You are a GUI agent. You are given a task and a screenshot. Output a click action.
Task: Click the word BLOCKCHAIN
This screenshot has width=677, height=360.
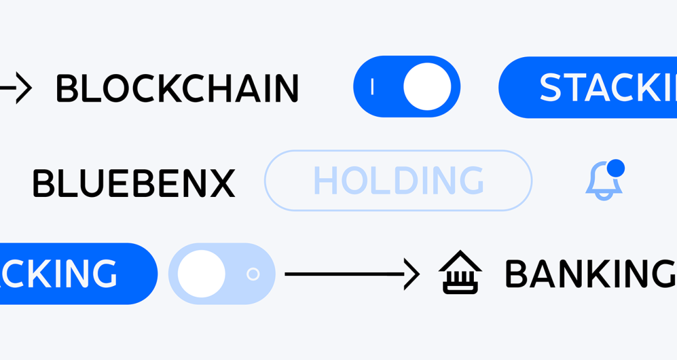[x=177, y=88]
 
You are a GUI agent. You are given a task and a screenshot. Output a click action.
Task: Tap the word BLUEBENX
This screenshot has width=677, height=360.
[x=134, y=184]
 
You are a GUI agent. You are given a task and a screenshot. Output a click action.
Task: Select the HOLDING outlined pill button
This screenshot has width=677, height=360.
[x=398, y=181]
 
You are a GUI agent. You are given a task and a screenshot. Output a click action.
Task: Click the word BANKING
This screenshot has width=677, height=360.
[x=589, y=275]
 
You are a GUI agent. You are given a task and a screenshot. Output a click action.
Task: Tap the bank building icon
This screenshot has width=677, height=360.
[x=460, y=273]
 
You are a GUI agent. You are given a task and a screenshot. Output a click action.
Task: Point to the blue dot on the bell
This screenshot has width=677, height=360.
[x=616, y=168]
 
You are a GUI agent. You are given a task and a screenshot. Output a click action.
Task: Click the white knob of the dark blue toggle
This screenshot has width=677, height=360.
[x=427, y=87]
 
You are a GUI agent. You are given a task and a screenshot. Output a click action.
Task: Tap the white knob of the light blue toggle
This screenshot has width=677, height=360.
[x=201, y=274]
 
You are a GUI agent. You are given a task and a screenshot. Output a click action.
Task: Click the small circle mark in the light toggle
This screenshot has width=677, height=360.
[x=253, y=274]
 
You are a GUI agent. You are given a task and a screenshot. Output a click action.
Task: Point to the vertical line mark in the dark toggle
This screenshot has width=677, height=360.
[x=373, y=87]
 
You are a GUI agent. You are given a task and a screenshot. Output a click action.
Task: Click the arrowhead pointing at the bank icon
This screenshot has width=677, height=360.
[x=412, y=274]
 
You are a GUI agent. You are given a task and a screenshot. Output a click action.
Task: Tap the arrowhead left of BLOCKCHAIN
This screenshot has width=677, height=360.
[x=23, y=88]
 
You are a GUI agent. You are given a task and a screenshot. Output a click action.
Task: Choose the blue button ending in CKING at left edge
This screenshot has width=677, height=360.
[x=75, y=274]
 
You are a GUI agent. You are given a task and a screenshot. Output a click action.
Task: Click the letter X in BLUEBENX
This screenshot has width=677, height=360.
[x=222, y=184]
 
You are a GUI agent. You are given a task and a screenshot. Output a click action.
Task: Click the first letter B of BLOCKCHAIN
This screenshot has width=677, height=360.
[x=66, y=88]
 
